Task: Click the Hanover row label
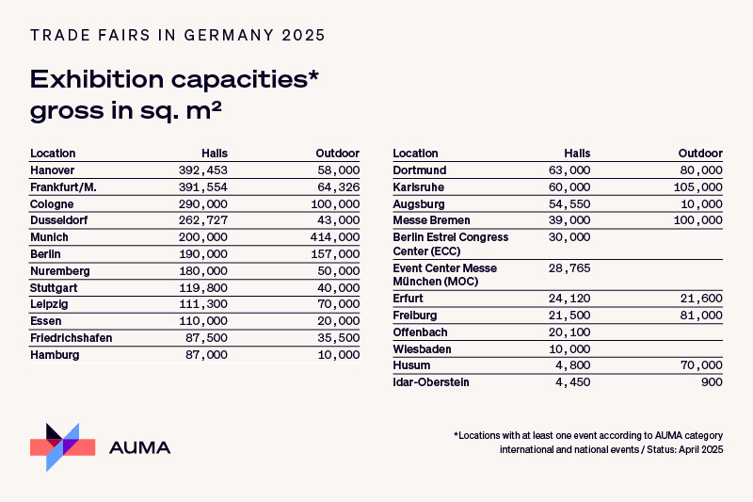(53, 170)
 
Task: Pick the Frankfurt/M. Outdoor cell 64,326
(336, 187)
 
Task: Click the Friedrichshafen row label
(72, 338)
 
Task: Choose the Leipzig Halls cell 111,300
(204, 304)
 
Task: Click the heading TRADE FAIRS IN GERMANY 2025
(178, 36)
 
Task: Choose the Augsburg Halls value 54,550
(569, 204)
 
